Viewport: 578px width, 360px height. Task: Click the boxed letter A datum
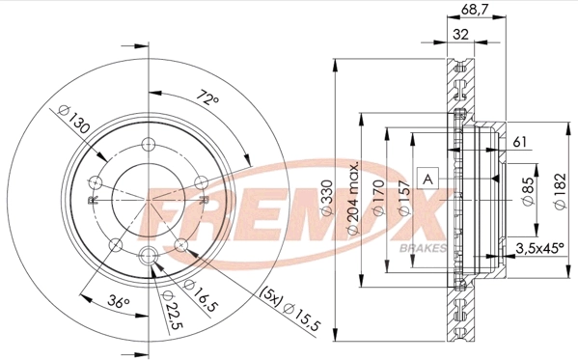click(427, 178)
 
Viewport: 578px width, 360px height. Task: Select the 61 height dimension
click(520, 142)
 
